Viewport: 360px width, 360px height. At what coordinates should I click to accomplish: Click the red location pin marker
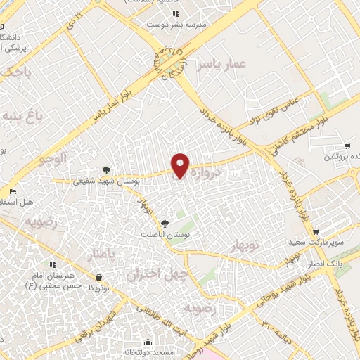point(181,165)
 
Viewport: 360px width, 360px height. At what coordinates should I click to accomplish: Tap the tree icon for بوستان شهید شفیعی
point(106,169)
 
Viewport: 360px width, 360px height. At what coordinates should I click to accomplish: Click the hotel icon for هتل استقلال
point(12,191)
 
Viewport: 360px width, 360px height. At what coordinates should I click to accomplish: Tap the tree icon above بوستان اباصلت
point(165,223)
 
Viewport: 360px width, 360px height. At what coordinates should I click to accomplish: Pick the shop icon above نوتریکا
point(98,276)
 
